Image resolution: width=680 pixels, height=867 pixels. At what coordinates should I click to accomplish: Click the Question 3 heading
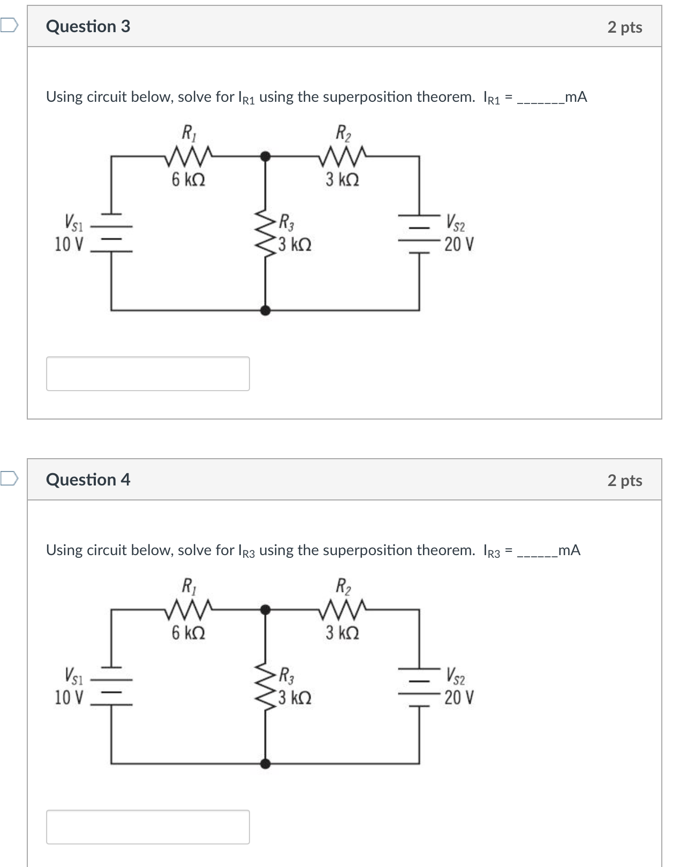pos(88,26)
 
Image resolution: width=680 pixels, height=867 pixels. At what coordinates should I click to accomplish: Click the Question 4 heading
pos(88,480)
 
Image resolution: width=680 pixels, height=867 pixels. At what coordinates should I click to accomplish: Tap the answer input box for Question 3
pos(148,373)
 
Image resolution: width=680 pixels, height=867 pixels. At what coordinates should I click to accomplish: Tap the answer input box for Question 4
pos(148,827)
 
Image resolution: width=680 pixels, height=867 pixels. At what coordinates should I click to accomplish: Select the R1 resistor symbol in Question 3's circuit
pos(189,156)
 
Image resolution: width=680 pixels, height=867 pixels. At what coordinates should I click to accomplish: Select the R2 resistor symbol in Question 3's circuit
pos(343,156)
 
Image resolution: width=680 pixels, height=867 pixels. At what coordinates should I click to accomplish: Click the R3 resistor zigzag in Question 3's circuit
pos(265,233)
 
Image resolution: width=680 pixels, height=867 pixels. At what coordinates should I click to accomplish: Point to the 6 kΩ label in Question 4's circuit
pos(188,633)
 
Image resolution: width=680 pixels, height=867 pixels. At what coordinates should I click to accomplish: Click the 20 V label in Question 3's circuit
pos(459,245)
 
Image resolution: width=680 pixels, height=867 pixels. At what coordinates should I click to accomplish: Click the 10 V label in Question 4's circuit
pos(69,698)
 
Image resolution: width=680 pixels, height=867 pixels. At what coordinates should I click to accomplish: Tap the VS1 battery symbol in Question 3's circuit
pos(111,233)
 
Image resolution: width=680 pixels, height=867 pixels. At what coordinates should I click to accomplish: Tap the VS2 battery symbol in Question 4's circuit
pos(419,686)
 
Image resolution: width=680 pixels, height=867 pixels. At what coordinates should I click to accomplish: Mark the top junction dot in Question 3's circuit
pos(265,156)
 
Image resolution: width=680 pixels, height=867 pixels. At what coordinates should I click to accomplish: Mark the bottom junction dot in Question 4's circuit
pos(265,763)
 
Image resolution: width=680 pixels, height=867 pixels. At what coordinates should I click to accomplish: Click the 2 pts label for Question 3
pos(624,27)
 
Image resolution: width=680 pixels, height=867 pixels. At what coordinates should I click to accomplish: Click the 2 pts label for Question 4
pos(624,481)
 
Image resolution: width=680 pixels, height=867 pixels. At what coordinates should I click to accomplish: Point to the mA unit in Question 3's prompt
pos(576,97)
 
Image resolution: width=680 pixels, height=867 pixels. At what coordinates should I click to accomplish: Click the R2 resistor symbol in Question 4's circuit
pos(343,609)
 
